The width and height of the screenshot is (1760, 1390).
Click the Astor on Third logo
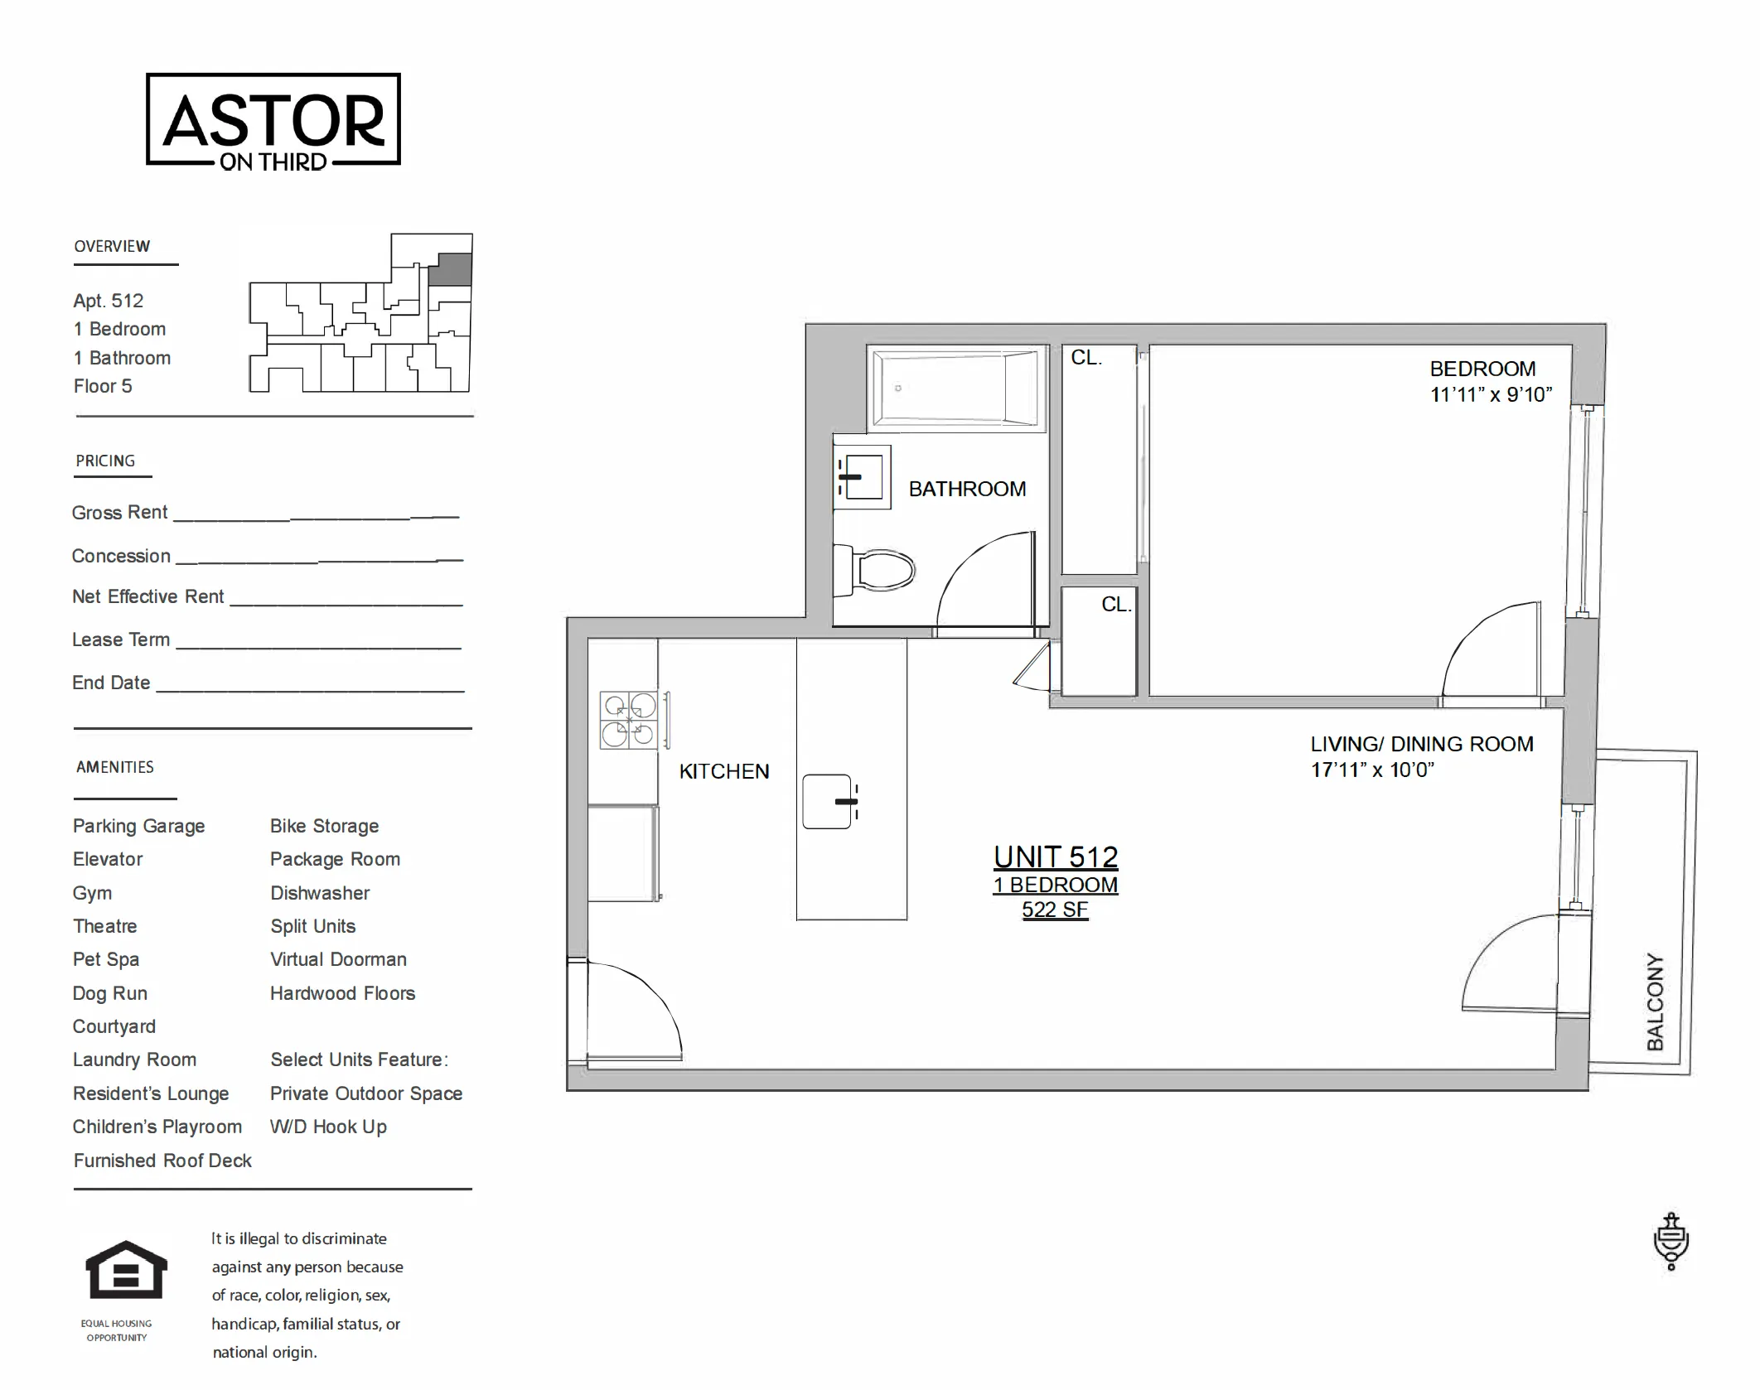[273, 120]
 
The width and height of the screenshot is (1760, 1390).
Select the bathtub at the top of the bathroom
[956, 389]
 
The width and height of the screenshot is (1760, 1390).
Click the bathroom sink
[863, 477]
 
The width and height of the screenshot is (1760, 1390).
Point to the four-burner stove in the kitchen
[629, 721]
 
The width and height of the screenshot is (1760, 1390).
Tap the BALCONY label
[1655, 1001]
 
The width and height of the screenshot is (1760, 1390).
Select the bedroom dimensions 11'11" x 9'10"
[1491, 395]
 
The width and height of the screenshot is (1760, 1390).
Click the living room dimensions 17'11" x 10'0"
[1371, 770]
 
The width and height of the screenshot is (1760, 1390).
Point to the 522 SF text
[1054, 910]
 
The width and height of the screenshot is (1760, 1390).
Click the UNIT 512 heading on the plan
[1056, 857]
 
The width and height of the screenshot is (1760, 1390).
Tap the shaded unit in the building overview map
[454, 270]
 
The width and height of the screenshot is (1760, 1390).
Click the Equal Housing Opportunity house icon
[126, 1269]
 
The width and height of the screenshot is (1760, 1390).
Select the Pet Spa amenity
[106, 959]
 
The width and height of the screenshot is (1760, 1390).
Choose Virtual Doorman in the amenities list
[338, 959]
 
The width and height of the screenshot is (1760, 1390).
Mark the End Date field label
[111, 683]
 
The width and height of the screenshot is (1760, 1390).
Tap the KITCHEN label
[723, 771]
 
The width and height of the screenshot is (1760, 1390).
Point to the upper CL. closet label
[1085, 358]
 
